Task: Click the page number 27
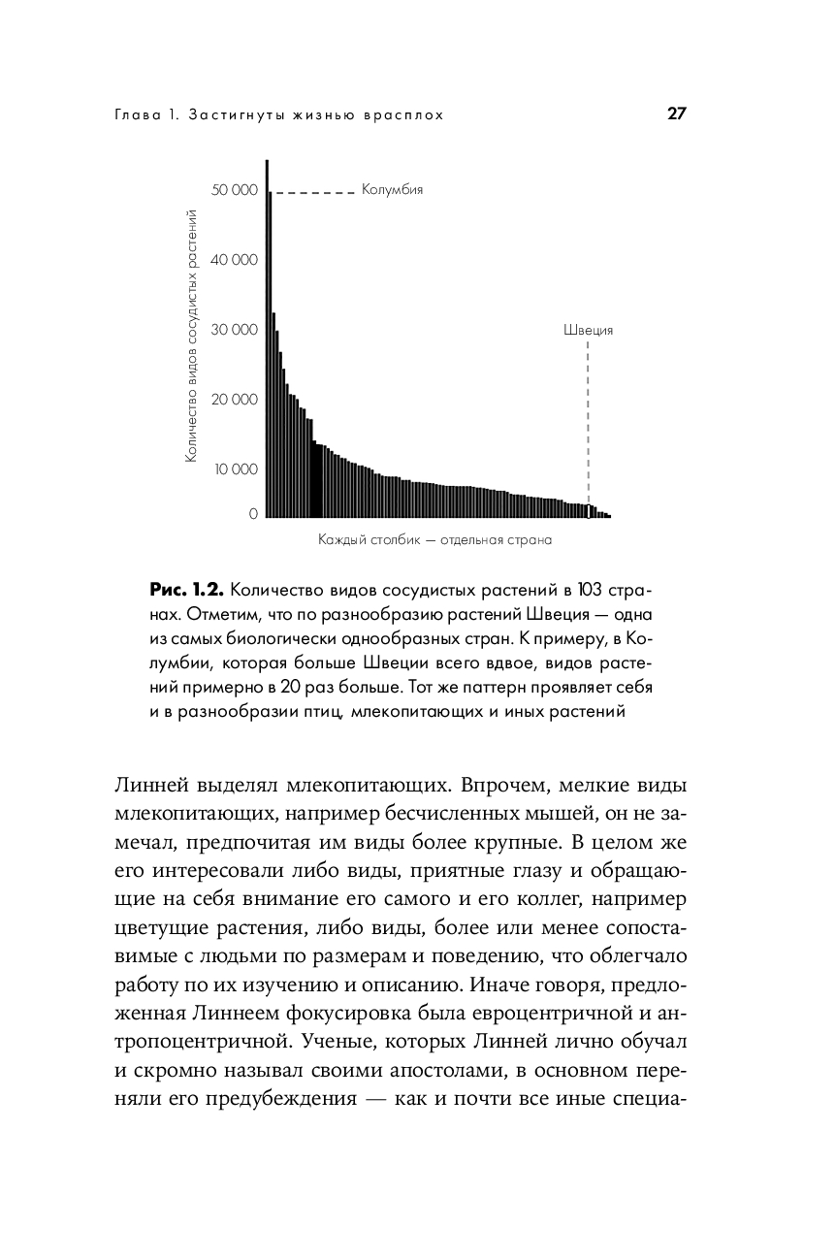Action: point(676,113)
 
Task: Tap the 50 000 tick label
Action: point(236,190)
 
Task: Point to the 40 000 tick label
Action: point(236,260)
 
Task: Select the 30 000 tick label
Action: point(236,330)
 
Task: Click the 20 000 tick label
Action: point(236,400)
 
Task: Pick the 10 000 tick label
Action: point(236,469)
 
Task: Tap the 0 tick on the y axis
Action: point(253,514)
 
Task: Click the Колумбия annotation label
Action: point(392,190)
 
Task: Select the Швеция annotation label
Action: point(588,330)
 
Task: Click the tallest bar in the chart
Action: point(268,339)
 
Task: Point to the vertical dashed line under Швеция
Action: point(588,417)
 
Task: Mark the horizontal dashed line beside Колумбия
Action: point(313,193)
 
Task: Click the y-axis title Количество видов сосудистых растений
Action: point(192,335)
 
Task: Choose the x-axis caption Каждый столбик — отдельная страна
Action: point(434,539)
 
